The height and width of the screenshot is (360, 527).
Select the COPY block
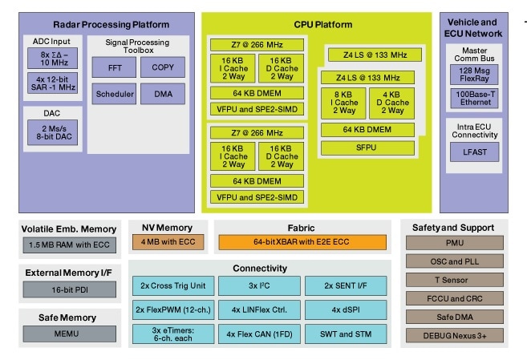[162, 67]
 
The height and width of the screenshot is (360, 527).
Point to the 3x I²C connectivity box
[257, 285]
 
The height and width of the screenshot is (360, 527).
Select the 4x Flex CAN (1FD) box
[257, 334]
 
